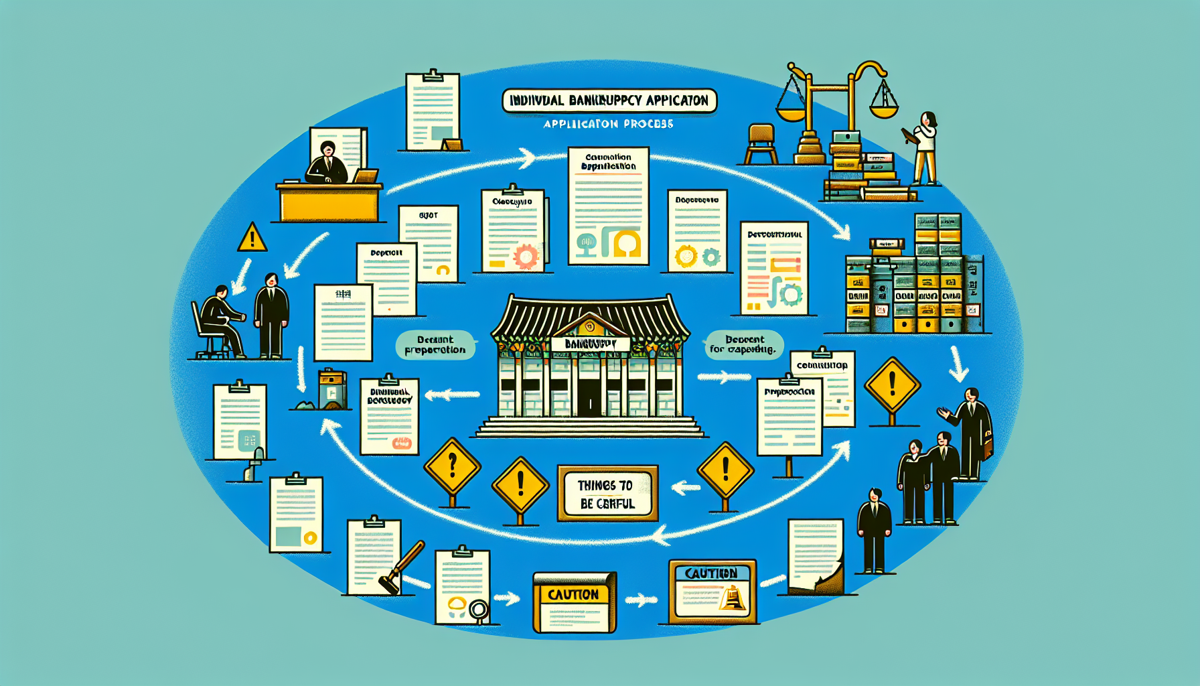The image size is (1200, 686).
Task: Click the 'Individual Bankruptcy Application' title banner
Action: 609,101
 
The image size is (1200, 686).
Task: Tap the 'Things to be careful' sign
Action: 607,494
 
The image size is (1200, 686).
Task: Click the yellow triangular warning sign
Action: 252,238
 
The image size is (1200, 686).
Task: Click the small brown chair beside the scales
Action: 761,143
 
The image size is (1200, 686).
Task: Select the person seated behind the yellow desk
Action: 327,163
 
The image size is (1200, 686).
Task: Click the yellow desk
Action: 329,202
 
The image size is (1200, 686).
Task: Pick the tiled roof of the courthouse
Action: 589,315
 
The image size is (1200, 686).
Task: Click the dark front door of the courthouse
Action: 589,398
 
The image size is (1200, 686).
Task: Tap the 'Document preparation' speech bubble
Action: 435,345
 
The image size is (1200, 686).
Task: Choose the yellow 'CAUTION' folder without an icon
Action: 574,602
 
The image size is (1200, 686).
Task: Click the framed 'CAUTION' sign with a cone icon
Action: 712,592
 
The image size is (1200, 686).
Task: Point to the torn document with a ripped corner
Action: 815,557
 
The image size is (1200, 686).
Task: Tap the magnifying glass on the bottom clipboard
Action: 478,610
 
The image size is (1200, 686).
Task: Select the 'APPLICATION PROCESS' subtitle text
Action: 608,124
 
